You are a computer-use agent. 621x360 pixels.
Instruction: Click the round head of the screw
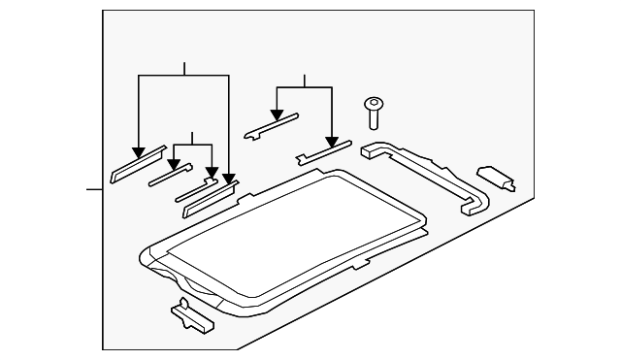point(373,102)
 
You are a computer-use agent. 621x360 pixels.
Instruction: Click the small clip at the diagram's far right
point(495,177)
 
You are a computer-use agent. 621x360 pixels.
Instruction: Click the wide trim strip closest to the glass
point(209,197)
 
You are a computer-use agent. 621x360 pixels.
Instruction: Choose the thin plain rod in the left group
point(167,175)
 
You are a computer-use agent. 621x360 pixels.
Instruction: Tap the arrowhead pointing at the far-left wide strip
point(139,150)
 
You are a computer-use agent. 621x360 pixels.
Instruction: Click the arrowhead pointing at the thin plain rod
point(175,164)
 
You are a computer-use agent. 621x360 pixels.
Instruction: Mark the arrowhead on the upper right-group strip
point(278,115)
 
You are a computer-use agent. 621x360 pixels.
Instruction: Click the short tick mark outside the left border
point(94,188)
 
